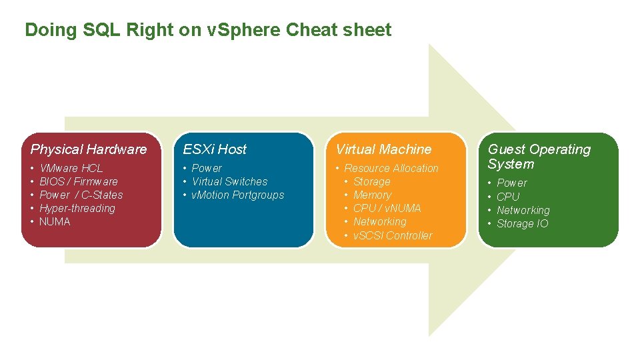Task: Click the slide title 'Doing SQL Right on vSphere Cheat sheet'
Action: pos(208,30)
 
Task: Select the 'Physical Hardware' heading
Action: pos(89,149)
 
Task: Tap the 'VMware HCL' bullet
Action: pos(71,168)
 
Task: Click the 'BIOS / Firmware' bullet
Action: pos(79,181)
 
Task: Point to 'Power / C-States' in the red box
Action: pos(81,195)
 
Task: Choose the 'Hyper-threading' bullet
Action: pos(77,208)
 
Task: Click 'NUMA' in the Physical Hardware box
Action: pos(55,221)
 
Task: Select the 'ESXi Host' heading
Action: pos(215,149)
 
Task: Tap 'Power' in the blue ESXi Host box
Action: pos(207,168)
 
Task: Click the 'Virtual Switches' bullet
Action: pos(229,181)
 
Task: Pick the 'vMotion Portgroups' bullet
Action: pos(238,195)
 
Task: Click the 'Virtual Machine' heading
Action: pos(384,149)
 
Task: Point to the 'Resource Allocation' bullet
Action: pos(391,168)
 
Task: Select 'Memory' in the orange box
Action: pos(372,195)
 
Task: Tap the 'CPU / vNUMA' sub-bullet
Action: pos(387,208)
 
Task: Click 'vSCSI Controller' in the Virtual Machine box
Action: pos(393,235)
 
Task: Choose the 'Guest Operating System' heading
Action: pos(539,157)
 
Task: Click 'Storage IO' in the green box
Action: pos(523,223)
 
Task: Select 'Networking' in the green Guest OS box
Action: pos(523,210)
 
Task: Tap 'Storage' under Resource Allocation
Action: pos(371,181)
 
